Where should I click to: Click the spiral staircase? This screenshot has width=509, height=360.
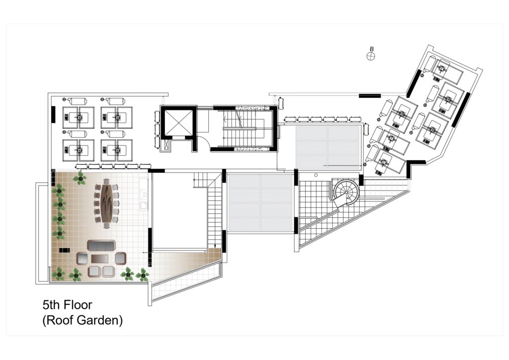point(347,192)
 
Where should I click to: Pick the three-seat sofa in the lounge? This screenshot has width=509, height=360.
point(101,246)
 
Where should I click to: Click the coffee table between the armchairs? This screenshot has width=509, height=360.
point(99,259)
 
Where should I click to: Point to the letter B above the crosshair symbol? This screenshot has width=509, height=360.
point(372,49)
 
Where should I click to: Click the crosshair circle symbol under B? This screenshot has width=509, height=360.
point(371,56)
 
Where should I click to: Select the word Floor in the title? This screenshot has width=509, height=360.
point(78,305)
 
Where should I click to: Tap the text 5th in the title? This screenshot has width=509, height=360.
point(51,305)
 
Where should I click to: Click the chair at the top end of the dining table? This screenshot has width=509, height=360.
point(106,181)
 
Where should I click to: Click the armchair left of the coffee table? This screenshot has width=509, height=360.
point(82,259)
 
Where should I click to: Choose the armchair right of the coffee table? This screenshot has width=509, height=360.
point(120,258)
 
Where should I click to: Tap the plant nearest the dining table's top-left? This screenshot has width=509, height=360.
point(80,178)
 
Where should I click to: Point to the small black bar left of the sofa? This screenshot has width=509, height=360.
point(64,250)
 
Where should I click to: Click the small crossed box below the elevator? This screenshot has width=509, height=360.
point(167,145)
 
